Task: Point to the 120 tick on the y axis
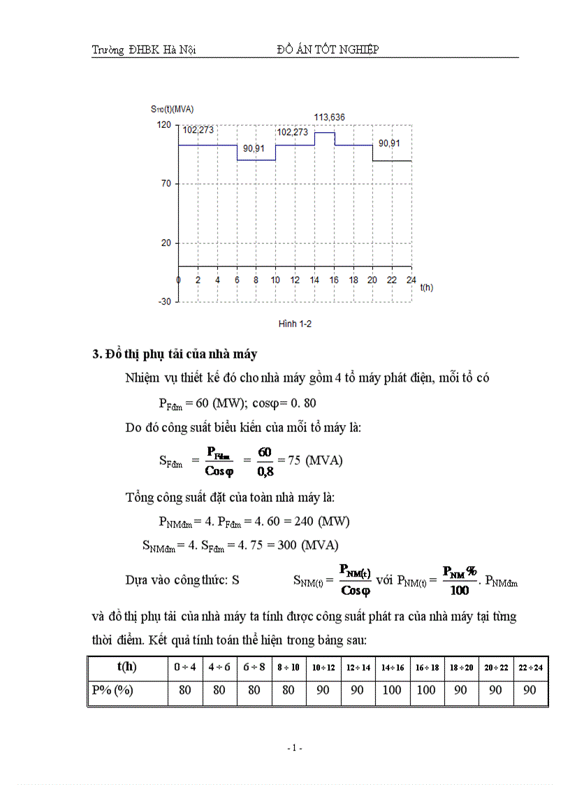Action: (x=163, y=124)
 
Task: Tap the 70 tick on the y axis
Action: (x=166, y=183)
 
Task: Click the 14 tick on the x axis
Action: (x=315, y=280)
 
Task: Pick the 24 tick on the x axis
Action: (x=411, y=280)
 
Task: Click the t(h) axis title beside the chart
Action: (x=426, y=287)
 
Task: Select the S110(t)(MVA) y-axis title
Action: (x=172, y=109)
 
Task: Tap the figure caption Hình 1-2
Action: (x=294, y=324)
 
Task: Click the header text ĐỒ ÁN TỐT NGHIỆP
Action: (x=328, y=50)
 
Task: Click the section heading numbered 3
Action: (x=175, y=354)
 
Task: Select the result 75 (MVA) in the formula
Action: (x=315, y=461)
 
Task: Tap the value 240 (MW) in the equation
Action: (x=323, y=521)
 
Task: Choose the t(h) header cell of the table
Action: (x=127, y=667)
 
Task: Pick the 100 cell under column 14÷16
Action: (x=393, y=691)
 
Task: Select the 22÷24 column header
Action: (x=531, y=668)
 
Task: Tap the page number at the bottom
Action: (x=294, y=748)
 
